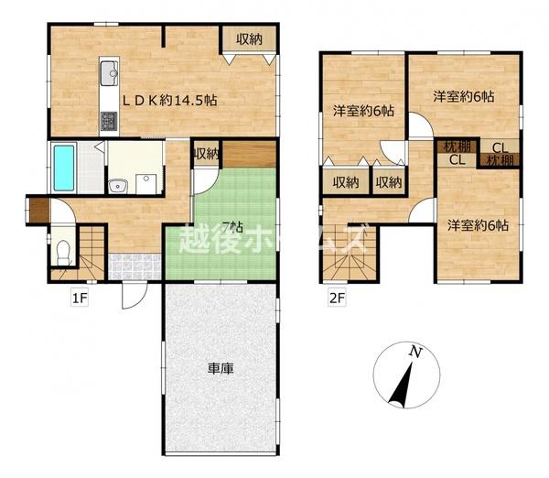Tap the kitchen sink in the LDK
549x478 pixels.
point(109,70)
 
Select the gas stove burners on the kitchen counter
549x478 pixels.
point(108,119)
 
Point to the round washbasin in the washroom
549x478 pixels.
point(116,188)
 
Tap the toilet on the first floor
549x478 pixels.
point(62,252)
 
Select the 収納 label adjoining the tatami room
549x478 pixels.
point(206,154)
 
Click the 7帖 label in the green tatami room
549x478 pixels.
point(231,226)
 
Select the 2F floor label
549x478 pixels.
point(337,296)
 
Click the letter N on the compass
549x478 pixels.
point(414,352)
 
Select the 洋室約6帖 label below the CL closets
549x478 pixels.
point(477,225)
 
